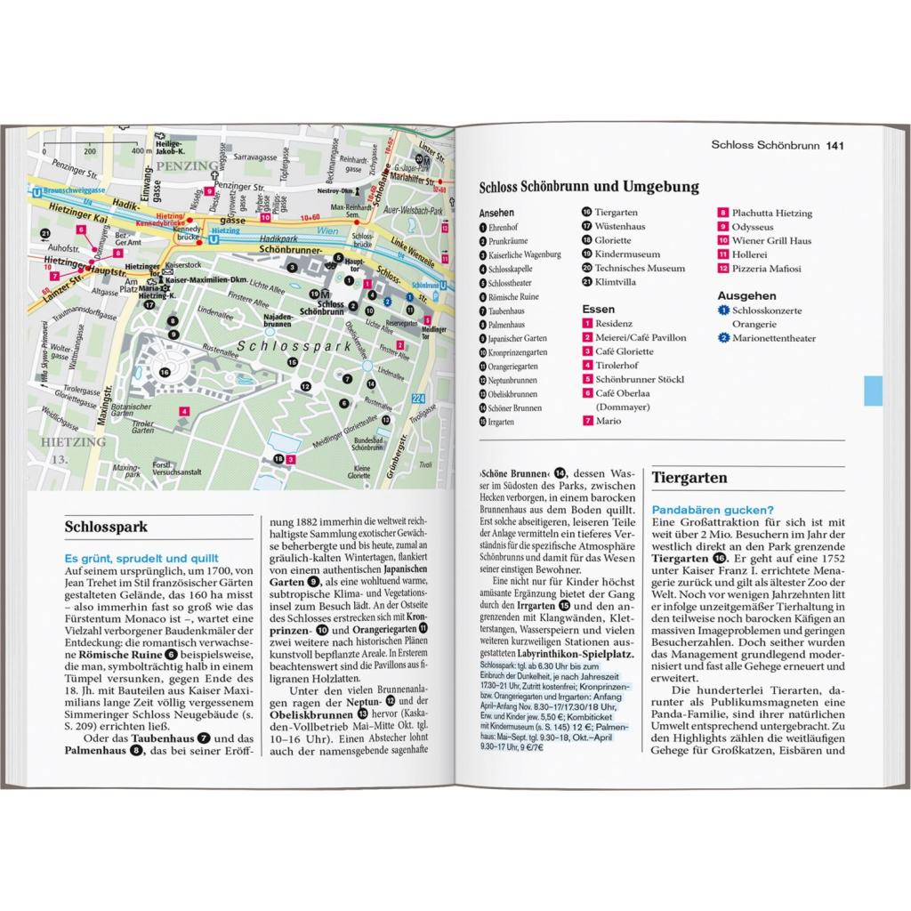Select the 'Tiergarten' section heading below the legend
690,478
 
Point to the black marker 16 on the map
165,373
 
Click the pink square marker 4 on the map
183,410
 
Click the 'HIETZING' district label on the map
78,441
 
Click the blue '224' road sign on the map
420,375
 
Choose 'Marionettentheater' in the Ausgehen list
775,338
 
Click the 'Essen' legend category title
598,309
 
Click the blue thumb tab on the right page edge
873,391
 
